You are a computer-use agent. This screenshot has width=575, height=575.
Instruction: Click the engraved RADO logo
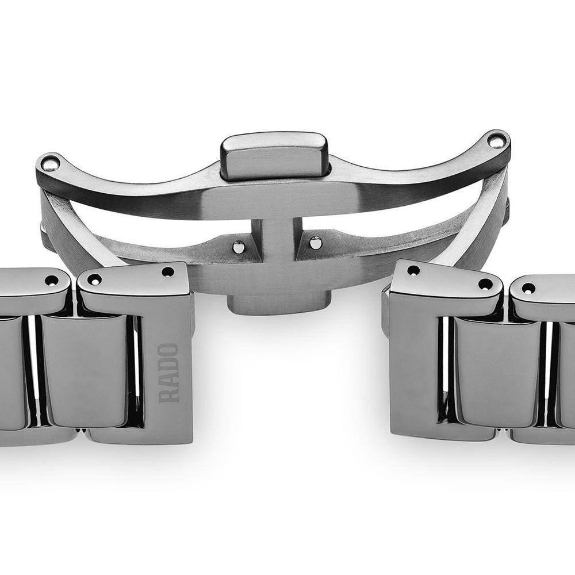[168, 373]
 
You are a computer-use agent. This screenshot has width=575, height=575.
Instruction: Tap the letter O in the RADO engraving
[168, 350]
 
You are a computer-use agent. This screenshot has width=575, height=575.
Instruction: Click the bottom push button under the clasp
[277, 305]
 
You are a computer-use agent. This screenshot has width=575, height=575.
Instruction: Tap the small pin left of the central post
[239, 247]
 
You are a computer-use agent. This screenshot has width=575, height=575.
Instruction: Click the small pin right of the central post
[315, 242]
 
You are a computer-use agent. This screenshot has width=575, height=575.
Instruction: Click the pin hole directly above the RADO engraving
[168, 272]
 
